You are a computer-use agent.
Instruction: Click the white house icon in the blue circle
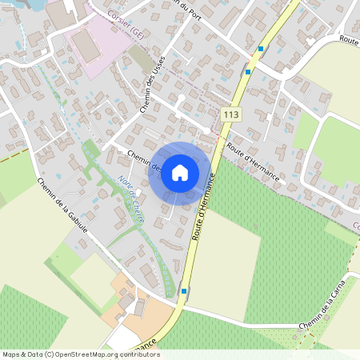tap(180, 172)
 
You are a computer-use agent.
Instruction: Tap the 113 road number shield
tap(230, 115)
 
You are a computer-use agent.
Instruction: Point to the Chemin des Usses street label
tap(150, 89)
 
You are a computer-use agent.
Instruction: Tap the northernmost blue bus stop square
tap(260, 49)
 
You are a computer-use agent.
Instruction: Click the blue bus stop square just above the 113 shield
tap(248, 71)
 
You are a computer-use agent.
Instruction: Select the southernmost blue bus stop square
tap(185, 291)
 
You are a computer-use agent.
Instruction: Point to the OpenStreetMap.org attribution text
tap(80, 354)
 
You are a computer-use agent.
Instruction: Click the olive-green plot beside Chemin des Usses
tap(139, 57)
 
